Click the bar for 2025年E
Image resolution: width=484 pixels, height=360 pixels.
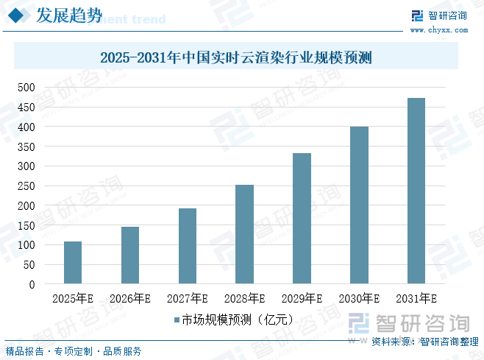coord(73,263)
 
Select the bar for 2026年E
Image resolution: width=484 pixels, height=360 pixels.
coord(130,255)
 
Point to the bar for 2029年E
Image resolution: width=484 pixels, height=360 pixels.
coord(302,219)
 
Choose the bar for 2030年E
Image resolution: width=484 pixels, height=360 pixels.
coord(359,205)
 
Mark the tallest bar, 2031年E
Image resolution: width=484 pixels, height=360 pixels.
coord(416,191)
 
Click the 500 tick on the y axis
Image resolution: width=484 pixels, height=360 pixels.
coord(26,88)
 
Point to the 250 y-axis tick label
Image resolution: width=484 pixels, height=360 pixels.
coord(26,186)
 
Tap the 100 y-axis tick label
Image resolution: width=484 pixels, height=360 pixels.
coord(26,244)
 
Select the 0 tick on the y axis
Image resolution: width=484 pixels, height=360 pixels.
coord(32,284)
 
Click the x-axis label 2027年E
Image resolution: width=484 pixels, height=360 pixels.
coord(188,299)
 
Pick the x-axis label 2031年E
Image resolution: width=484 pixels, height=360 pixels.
coord(416,299)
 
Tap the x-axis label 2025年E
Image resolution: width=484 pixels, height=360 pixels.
coord(73,299)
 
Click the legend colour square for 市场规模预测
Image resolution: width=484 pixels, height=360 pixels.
coord(177,320)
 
